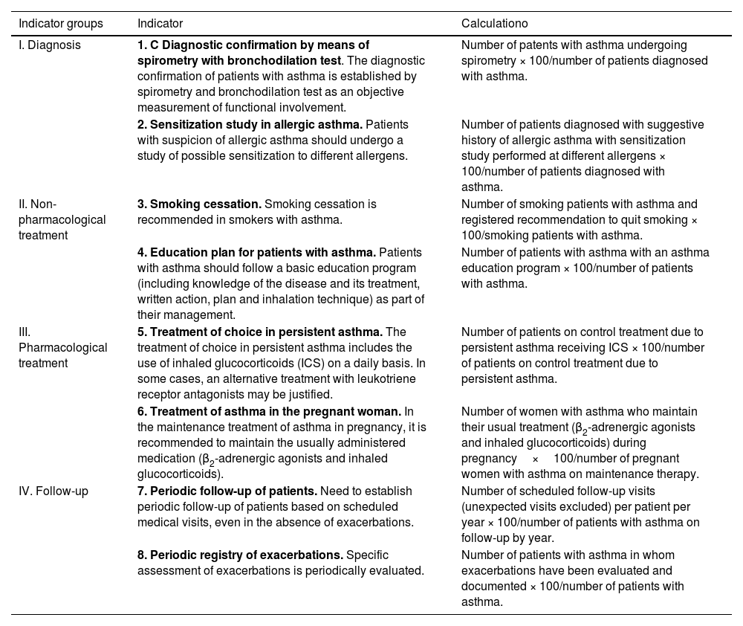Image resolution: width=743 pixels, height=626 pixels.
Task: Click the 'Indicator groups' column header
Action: coord(61,24)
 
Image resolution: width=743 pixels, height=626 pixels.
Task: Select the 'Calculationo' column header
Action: coord(494,24)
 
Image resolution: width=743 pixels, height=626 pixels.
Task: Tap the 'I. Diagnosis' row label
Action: coord(50,45)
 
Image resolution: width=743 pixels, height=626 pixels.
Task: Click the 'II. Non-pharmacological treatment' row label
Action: coord(62,219)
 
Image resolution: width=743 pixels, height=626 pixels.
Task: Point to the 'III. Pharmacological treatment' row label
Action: coord(62,347)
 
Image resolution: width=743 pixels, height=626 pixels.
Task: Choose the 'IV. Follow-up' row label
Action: coord(53,491)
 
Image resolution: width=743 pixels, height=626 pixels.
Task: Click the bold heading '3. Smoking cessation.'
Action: coord(199,204)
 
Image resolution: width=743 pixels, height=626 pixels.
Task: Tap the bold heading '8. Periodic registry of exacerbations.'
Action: coord(240,555)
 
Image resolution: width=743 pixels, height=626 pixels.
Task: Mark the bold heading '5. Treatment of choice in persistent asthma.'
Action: coord(260,332)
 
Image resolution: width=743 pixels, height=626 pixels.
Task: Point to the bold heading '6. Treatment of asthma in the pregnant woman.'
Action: coord(269,411)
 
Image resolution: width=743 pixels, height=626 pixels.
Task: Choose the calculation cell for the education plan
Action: coord(584,268)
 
